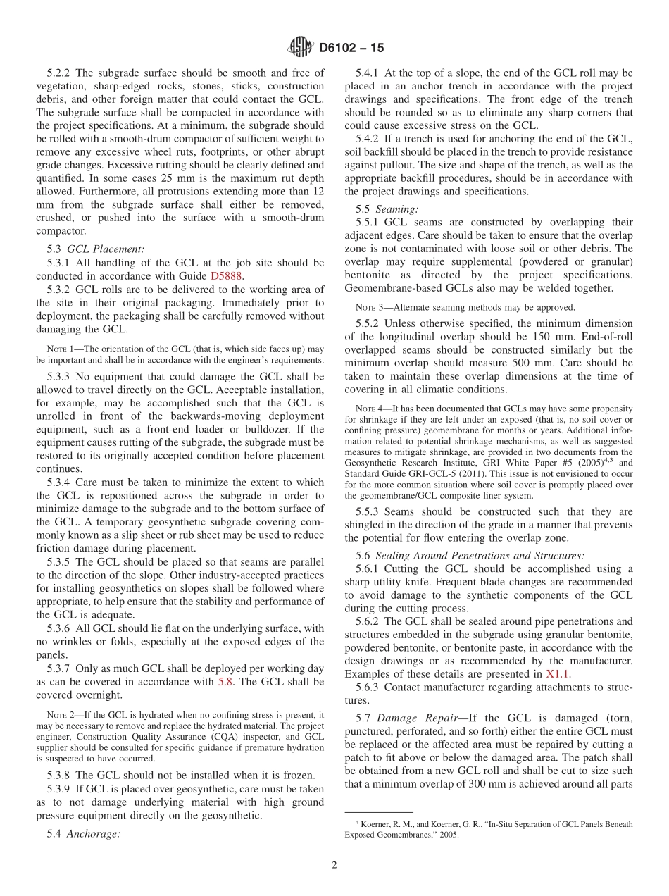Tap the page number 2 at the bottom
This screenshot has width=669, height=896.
(x=334, y=866)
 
